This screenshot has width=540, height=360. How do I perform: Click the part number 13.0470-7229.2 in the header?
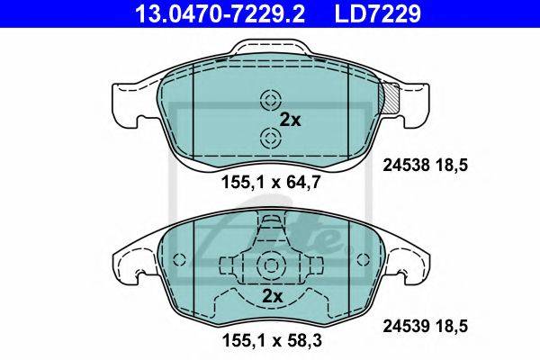tap(220, 13)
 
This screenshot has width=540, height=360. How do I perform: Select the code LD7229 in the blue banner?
tap(377, 13)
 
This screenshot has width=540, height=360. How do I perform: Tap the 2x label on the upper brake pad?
tap(290, 120)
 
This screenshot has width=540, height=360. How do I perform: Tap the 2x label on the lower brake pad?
tap(273, 296)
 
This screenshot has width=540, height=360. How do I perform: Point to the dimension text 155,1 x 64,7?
tap(272, 182)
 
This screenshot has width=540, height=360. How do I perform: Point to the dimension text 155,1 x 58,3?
tap(273, 340)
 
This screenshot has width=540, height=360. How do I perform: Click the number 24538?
tap(407, 166)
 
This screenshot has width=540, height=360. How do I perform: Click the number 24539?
tap(407, 326)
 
